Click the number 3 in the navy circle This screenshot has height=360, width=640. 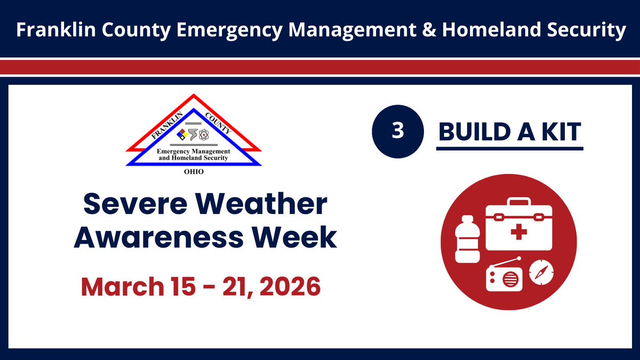coord(397,132)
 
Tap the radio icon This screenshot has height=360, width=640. coord(503,275)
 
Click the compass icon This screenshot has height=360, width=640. coord(542,273)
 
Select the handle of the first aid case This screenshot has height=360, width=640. coord(511,203)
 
